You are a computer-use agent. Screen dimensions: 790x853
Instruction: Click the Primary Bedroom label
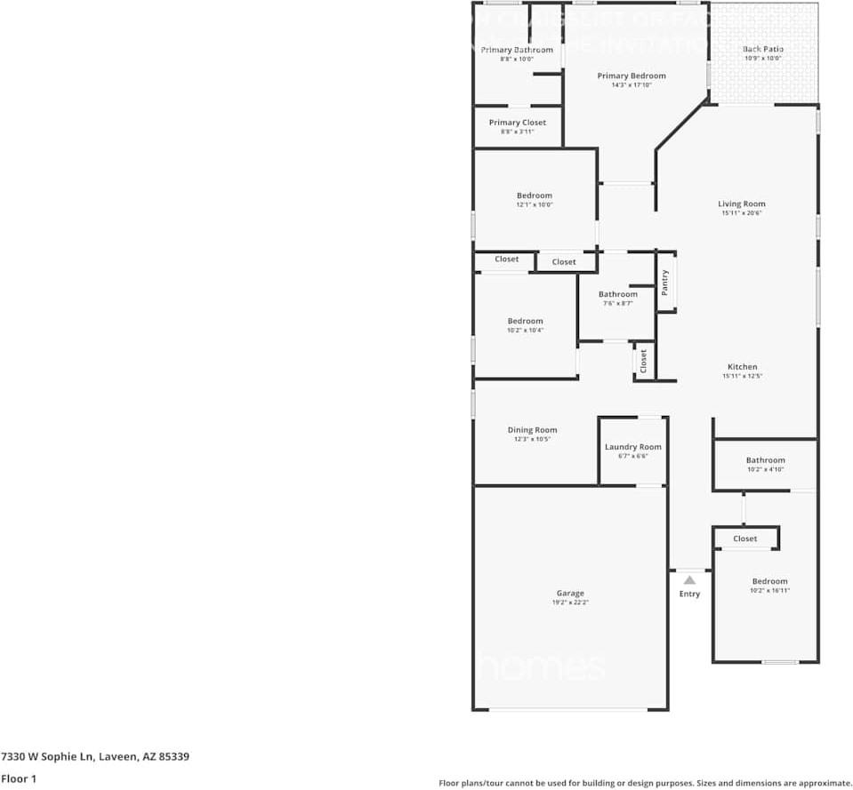(631, 76)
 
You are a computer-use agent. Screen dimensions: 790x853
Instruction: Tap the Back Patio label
(762, 50)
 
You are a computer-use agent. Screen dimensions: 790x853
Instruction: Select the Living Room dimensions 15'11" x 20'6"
(742, 213)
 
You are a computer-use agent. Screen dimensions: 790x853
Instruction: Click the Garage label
(570, 594)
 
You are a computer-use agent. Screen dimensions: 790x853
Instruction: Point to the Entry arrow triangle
(689, 579)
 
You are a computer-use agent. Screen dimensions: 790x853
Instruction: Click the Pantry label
(664, 283)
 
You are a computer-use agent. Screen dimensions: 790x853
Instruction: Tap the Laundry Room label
(632, 447)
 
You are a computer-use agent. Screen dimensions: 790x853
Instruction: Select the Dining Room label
(532, 430)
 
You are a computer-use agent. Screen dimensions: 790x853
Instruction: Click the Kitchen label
(742, 367)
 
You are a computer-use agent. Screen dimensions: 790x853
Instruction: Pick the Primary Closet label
(517, 123)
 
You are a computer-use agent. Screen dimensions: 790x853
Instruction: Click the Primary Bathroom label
(517, 50)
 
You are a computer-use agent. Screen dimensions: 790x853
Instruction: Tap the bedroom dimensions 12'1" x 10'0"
(535, 204)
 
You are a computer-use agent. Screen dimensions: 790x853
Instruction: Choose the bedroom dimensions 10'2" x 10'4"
(525, 331)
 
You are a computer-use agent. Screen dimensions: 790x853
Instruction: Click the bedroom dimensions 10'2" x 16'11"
(769, 591)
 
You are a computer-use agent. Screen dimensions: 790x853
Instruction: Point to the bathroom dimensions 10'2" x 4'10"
(765, 469)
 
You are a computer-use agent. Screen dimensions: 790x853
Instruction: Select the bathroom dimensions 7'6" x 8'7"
(617, 303)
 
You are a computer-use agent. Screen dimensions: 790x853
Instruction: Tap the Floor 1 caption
(18, 778)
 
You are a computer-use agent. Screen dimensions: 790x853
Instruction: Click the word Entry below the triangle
(689, 594)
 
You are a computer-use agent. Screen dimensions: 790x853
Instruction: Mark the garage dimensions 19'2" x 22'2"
(570, 602)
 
